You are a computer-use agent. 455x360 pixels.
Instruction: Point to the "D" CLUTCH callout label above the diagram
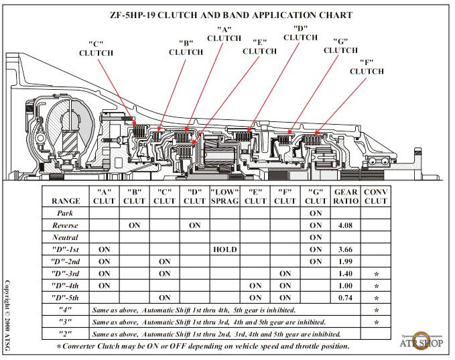(300, 33)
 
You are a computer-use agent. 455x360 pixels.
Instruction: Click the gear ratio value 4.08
(346, 225)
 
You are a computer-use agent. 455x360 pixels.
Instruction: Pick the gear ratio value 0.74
(346, 298)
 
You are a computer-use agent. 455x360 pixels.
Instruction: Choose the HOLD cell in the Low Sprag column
(224, 249)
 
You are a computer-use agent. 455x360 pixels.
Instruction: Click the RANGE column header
(66, 200)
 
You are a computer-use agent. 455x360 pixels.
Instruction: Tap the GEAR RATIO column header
(346, 196)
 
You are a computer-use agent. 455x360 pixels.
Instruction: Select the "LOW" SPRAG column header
(224, 196)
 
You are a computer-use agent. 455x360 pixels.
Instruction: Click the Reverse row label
(66, 225)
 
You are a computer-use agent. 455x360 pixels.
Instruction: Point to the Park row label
(66, 213)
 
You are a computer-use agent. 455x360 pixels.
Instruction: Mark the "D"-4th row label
(66, 286)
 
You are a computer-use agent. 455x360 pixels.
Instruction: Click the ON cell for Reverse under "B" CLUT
(134, 225)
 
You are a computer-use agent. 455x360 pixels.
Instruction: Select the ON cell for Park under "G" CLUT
(316, 213)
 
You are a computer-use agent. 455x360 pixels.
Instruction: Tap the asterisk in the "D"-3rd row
(376, 274)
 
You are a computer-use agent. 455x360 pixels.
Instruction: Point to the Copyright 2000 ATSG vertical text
(8, 316)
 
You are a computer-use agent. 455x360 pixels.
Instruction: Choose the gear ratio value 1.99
(346, 261)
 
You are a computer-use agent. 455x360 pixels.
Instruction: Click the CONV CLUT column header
(376, 196)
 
